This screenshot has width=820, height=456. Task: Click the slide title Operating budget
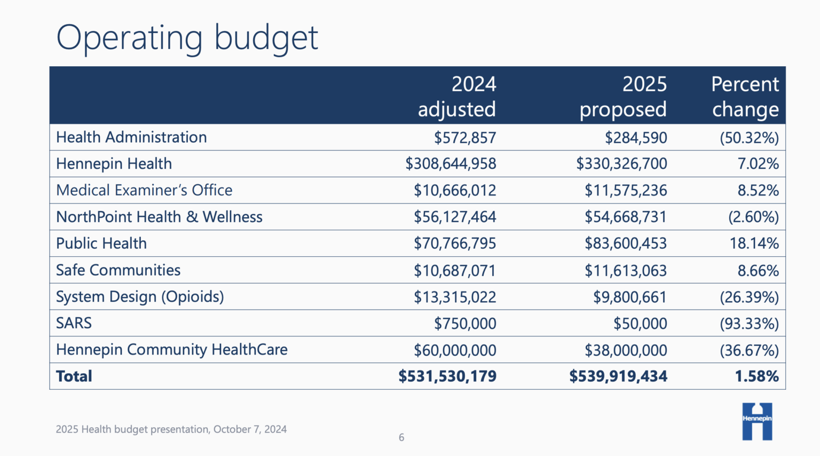(x=187, y=38)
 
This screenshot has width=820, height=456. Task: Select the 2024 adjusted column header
(x=457, y=97)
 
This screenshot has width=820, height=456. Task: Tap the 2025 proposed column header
(x=624, y=97)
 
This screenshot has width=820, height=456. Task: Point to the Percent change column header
(x=745, y=97)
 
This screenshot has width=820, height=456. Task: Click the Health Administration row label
(x=131, y=137)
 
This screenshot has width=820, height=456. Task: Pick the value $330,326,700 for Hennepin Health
(x=621, y=164)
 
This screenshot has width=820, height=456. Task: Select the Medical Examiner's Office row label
(x=144, y=191)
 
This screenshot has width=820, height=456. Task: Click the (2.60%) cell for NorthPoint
(x=753, y=217)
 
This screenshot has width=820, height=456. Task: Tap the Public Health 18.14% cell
(x=754, y=243)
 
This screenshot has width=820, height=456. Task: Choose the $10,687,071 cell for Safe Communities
(x=455, y=270)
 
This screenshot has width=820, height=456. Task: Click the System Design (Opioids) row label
(x=140, y=297)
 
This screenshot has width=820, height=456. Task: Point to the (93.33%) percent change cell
(x=749, y=324)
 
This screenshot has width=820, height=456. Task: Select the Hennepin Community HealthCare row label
(x=172, y=350)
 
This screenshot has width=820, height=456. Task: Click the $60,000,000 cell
(x=455, y=350)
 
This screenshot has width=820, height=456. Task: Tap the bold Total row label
(x=74, y=376)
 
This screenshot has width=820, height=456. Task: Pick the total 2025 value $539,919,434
(x=618, y=376)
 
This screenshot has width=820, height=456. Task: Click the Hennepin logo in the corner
(x=757, y=421)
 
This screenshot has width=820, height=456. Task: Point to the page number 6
(x=401, y=437)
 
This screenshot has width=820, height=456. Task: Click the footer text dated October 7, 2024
(x=171, y=429)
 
